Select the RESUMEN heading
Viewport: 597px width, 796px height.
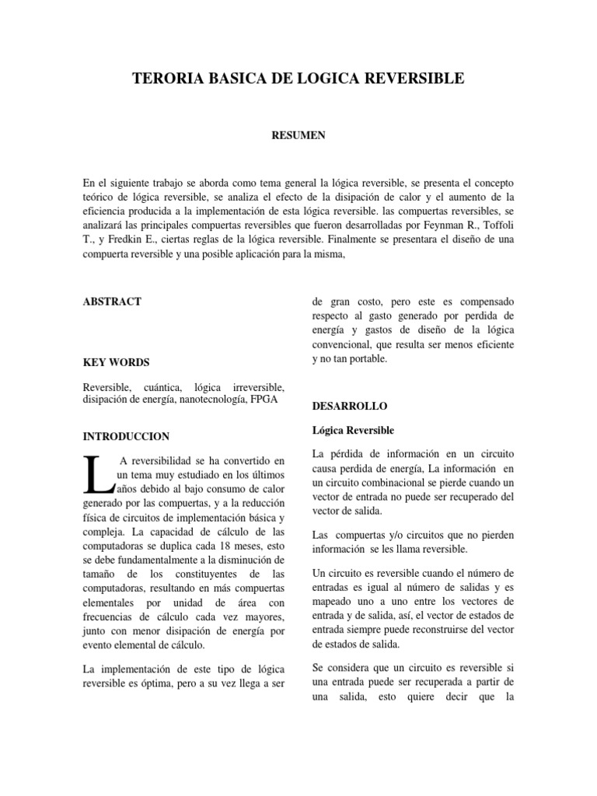pos(298,135)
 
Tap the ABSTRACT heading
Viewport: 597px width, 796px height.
pos(112,302)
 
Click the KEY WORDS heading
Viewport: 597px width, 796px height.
pos(116,362)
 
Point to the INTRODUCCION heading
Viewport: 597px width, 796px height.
pos(126,436)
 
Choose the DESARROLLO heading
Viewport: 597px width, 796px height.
pos(349,406)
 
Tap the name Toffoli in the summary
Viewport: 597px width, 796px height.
pos(495,225)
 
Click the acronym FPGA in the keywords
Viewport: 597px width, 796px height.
pos(264,400)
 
